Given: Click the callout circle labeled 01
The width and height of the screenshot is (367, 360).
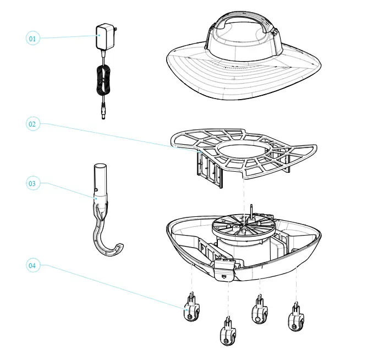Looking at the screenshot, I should tap(32, 39).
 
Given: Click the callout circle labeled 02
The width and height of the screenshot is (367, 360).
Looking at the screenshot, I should tap(32, 124).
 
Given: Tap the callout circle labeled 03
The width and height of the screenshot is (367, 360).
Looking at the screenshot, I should tap(32, 183).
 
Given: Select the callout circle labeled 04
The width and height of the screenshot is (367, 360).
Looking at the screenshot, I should tap(32, 265).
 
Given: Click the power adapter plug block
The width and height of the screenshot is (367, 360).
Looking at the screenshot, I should tap(103, 37).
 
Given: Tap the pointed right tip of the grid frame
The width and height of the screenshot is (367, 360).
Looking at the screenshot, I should tap(316, 148).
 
